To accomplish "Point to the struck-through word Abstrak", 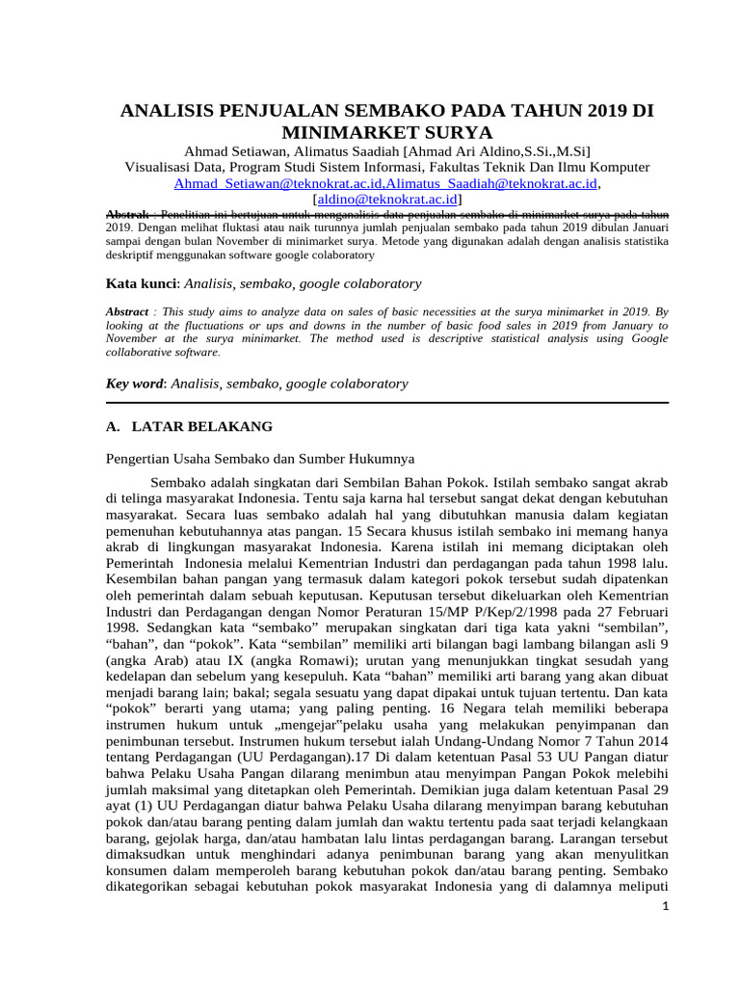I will (x=126, y=213).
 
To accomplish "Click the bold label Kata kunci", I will (x=142, y=283).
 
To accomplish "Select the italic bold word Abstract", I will (x=127, y=312).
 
